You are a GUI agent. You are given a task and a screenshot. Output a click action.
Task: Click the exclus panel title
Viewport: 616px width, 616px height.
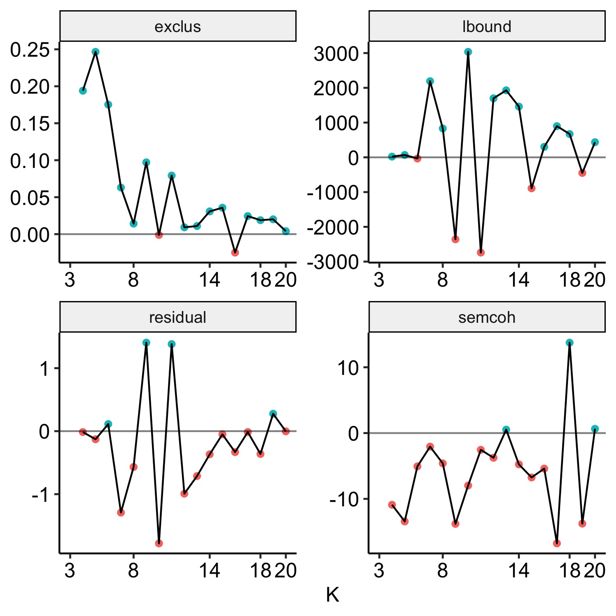coord(177,27)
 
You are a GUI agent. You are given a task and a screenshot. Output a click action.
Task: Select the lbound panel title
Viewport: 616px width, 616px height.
coord(487,27)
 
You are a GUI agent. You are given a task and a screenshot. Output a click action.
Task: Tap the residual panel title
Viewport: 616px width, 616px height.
coord(177,317)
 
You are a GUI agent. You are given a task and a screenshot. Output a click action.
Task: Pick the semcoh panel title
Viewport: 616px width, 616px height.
coord(487,317)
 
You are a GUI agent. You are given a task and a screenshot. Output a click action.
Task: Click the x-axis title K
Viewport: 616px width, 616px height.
coord(332,594)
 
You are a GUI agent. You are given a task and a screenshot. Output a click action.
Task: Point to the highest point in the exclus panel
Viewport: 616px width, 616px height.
coord(95,52)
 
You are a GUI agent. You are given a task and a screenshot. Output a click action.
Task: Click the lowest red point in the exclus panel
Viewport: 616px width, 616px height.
coord(235,253)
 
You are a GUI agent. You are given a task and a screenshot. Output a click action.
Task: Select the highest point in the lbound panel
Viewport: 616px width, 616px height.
coord(468,52)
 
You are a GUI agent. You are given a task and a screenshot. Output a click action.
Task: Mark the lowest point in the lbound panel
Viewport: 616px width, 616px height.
coord(481,253)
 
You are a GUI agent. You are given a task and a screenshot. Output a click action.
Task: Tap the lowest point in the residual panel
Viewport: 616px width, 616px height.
coord(159,543)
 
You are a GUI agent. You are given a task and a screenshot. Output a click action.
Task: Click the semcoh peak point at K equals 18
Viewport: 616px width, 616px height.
coord(570,342)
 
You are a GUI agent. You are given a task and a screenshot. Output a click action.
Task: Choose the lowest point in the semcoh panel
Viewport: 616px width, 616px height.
coord(557,543)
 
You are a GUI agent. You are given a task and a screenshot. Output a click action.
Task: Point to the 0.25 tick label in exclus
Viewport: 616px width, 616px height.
coord(30,50)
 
